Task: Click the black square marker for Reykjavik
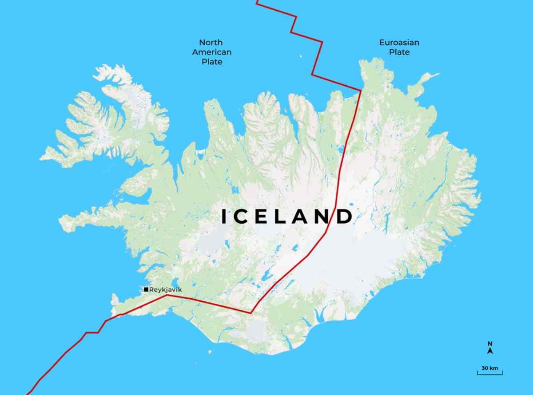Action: (146, 289)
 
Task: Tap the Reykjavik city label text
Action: (166, 290)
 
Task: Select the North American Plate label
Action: (212, 52)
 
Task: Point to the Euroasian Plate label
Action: (399, 47)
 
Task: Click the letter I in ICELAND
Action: (225, 217)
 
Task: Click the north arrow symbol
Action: (490, 351)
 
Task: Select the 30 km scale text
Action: (490, 368)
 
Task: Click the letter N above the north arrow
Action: (490, 344)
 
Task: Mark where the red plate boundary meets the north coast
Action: (360, 91)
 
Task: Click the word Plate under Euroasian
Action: (399, 52)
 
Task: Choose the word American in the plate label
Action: (212, 52)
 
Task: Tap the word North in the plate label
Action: (211, 43)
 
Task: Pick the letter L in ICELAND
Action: (281, 217)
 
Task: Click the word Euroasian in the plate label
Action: (399, 43)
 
